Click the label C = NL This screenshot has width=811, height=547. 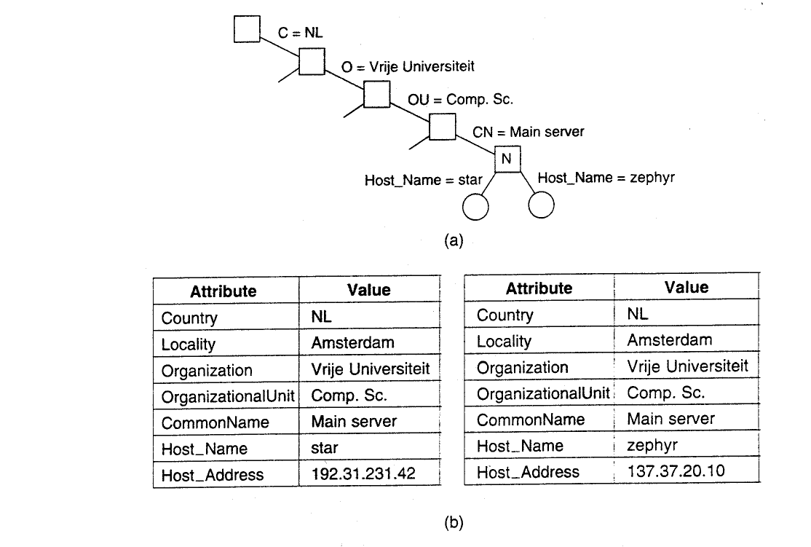300,33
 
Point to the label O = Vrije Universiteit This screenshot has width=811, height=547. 408,67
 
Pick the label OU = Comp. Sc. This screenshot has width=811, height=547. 460,99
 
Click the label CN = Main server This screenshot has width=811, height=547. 528,132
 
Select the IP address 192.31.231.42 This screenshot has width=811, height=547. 363,473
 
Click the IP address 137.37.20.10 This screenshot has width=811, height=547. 676,471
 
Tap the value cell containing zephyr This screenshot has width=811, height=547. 687,444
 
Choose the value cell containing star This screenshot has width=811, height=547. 369,446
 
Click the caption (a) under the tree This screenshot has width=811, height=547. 454,240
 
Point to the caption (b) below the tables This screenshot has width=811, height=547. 454,523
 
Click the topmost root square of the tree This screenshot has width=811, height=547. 247,29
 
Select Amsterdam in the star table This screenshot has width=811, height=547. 353,342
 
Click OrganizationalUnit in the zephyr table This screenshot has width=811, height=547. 543,393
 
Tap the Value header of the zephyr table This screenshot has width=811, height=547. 687,287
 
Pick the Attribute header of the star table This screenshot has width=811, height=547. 223,291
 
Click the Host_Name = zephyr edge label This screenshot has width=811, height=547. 606,178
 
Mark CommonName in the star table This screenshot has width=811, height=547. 215,422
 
